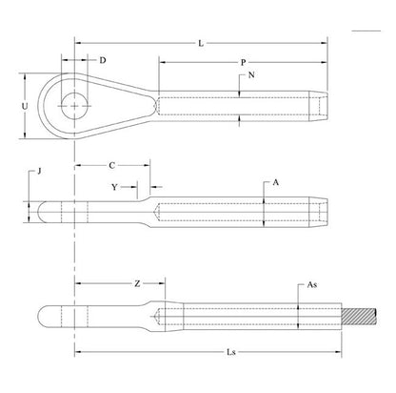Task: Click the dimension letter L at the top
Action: tap(200, 44)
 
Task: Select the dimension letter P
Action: tap(245, 63)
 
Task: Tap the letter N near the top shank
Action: tap(250, 76)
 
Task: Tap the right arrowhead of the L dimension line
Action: tap(327, 43)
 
